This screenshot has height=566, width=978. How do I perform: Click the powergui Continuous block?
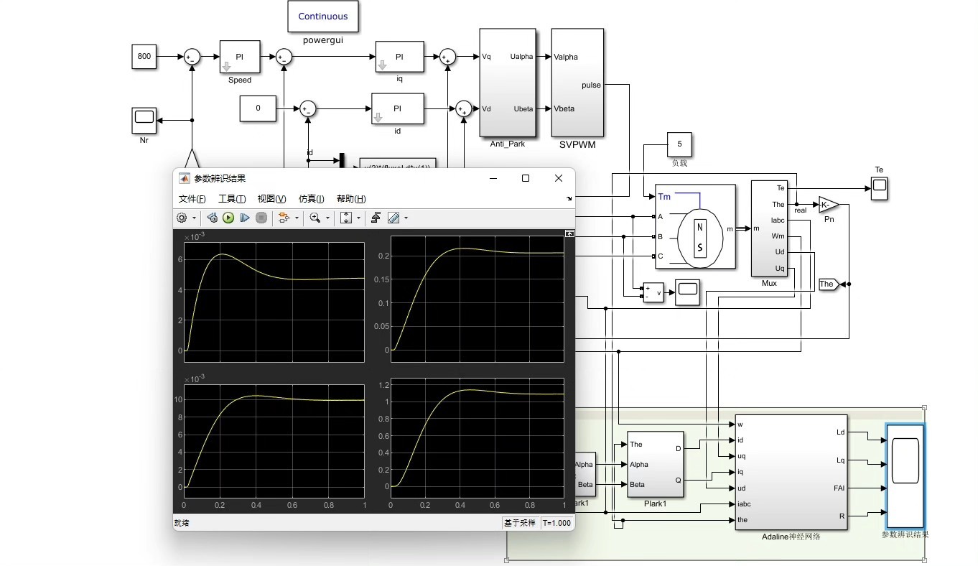pos(322,17)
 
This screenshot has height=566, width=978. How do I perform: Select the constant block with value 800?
pos(144,57)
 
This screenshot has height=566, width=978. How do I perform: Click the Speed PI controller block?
pos(239,57)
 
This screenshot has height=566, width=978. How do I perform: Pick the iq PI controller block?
pos(399,57)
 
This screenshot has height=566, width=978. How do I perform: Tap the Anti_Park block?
pos(508,83)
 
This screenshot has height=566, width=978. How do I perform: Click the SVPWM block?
pos(577,83)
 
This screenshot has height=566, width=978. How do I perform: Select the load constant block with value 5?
pos(679,144)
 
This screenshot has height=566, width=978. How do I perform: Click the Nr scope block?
pos(144,121)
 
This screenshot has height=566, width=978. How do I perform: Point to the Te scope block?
pos(879,189)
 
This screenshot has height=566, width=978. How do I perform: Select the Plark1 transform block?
pos(655,465)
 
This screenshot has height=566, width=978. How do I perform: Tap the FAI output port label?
pos(839,488)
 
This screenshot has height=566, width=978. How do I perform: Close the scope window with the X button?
pos(559,178)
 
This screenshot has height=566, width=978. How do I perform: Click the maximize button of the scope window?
pos(526,178)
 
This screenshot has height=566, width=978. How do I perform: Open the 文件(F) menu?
pos(192,199)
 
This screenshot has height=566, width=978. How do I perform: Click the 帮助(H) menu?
pos(350,199)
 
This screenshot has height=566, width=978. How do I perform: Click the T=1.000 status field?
pos(556,523)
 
